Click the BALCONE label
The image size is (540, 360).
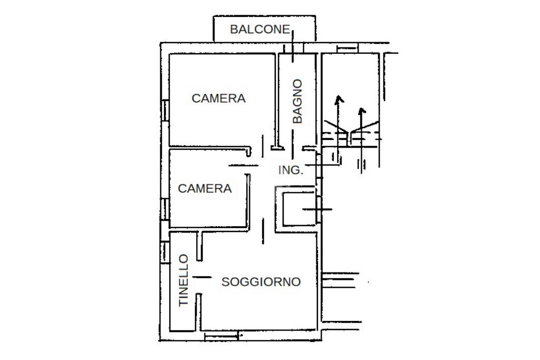259,30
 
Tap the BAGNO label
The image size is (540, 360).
297,101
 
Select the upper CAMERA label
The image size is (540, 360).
218,99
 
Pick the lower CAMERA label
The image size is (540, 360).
205,189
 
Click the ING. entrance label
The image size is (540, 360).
291,170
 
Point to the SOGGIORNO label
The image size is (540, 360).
261,282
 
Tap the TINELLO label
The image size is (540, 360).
184,280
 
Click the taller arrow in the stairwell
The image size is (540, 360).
338,129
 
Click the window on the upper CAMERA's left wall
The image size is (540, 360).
165,110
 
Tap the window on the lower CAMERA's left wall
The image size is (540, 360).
165,210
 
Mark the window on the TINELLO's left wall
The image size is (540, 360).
165,252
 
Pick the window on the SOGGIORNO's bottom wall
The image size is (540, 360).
221,336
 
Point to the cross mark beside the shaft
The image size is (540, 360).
317,209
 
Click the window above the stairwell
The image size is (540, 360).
347,48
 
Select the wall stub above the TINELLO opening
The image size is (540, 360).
199,246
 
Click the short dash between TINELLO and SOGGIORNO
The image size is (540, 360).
202,277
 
